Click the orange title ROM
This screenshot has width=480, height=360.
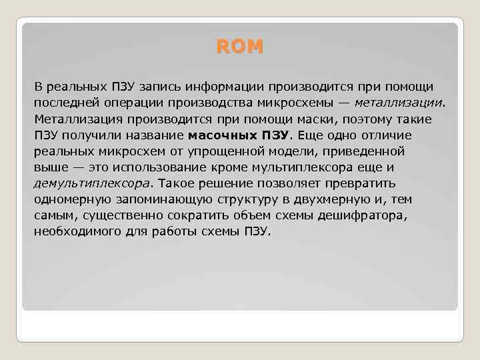(240, 47)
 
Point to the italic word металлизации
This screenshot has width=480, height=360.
(398, 103)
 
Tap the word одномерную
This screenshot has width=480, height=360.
(71, 199)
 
